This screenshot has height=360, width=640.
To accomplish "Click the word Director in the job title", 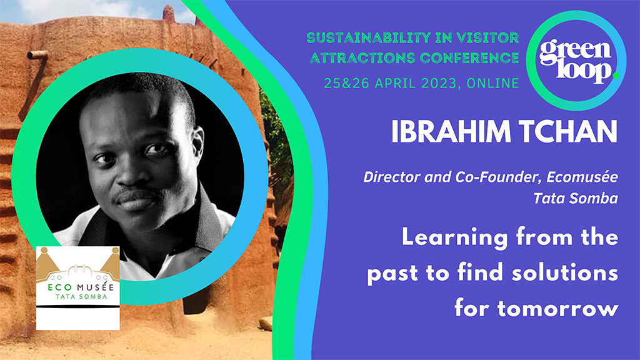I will point(387,177).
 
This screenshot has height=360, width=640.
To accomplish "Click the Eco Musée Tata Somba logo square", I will point(77,287).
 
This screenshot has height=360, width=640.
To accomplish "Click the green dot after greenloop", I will point(615,76).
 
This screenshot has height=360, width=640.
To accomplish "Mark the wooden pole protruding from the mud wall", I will point(37,55).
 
